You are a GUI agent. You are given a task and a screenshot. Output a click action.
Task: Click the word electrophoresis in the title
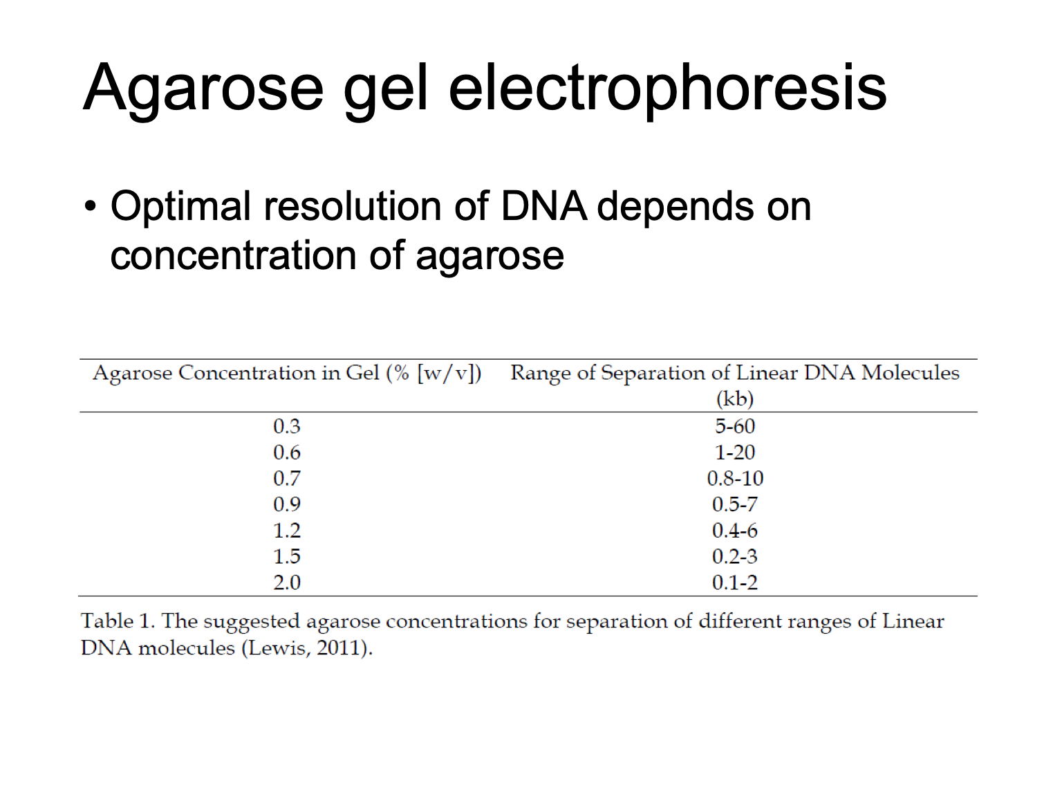[668, 90]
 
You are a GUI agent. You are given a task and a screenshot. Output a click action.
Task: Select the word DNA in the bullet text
[544, 206]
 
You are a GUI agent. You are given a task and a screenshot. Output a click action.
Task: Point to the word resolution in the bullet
[352, 206]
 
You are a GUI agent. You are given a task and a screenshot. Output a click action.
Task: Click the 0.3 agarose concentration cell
[287, 426]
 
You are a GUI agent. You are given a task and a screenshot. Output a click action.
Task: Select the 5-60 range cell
[735, 426]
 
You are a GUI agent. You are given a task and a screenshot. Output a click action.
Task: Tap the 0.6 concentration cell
[287, 452]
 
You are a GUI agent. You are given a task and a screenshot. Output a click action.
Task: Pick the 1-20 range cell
[735, 452]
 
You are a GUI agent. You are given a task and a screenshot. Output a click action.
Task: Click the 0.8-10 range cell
[735, 479]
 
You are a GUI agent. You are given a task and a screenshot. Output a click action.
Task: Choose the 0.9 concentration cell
[287, 505]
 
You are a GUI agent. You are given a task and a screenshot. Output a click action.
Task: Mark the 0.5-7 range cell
[735, 505]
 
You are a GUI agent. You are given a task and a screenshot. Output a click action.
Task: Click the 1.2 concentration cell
[287, 531]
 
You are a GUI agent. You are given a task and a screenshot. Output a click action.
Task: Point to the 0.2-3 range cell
[735, 557]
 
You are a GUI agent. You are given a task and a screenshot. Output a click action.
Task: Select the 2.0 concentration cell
[287, 583]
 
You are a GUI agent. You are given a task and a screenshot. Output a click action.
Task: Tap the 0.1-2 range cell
[735, 583]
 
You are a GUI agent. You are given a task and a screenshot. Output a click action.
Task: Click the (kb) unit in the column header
[735, 399]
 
